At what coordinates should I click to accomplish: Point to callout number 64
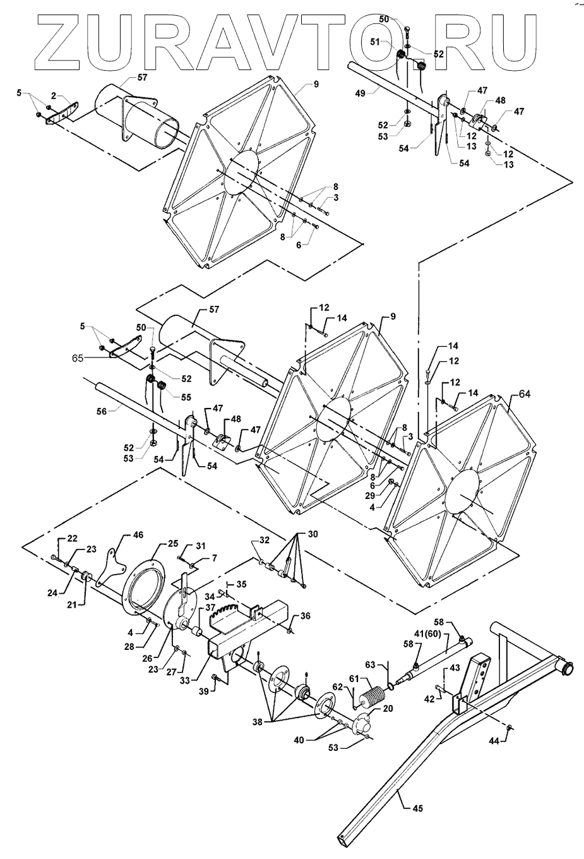click(525, 394)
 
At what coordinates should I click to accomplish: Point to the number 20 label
click(388, 709)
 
